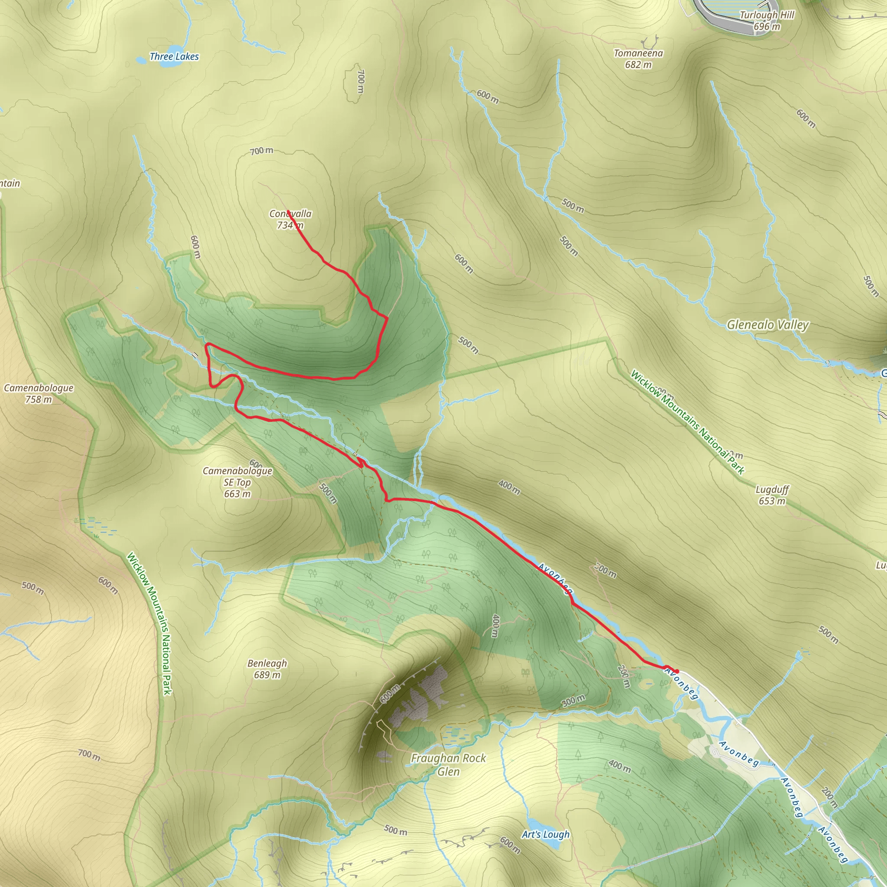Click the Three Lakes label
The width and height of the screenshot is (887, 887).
click(174, 56)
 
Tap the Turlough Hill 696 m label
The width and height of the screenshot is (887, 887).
click(767, 21)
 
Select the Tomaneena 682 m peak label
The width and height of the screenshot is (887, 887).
click(638, 59)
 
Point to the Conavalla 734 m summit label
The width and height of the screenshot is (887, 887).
click(290, 219)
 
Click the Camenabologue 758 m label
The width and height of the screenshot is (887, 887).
click(39, 393)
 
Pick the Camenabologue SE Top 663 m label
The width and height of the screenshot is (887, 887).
click(237, 482)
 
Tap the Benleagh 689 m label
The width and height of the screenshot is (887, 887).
click(267, 669)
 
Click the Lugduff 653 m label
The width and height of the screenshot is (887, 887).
click(772, 495)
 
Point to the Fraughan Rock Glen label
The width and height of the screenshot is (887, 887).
click(448, 764)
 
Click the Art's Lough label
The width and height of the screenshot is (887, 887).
click(545, 834)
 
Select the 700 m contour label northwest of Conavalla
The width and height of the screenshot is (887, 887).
click(262, 151)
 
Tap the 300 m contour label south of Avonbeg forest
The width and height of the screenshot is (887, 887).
click(573, 701)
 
